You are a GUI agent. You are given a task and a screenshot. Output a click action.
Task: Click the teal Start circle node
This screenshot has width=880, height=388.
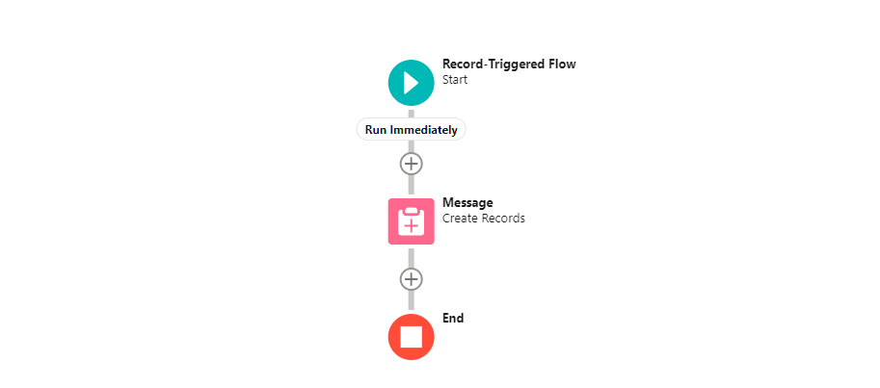(411, 82)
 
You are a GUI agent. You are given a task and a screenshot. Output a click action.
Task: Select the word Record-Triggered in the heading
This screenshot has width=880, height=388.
(491, 65)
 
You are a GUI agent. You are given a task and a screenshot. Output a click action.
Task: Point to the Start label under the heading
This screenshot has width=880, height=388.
(455, 80)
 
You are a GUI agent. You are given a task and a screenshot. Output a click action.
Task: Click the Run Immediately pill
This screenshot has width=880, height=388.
(411, 130)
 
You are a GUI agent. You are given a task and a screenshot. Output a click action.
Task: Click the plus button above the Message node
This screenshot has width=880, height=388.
(411, 163)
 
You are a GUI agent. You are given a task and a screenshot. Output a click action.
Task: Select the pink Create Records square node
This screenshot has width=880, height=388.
(411, 221)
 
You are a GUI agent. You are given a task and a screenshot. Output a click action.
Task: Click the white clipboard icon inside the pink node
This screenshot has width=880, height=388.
(411, 221)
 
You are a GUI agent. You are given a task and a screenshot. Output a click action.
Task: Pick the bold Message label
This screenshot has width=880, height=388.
(467, 202)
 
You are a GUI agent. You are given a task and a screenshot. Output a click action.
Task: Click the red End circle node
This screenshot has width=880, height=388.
(411, 337)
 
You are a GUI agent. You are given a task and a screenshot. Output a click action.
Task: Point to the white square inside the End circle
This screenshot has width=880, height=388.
(411, 337)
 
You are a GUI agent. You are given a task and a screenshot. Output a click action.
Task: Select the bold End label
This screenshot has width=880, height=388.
(453, 318)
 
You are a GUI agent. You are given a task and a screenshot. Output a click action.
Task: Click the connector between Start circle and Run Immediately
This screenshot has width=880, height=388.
(411, 112)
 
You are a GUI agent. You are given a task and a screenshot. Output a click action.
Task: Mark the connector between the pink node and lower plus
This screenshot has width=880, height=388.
(411, 256)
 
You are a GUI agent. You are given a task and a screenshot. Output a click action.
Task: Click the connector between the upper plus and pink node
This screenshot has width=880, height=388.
(411, 186)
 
